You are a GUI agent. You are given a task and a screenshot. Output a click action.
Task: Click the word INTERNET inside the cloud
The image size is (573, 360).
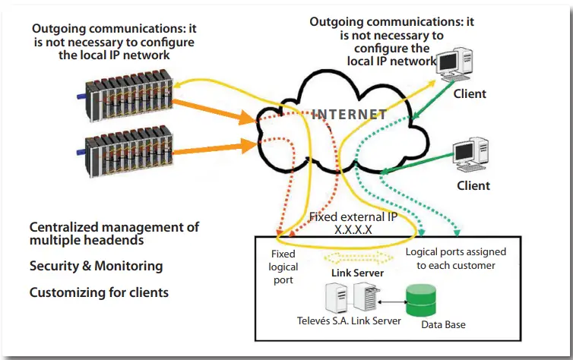click(x=350, y=115)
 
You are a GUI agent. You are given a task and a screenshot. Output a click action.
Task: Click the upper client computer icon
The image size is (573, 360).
click(x=454, y=65)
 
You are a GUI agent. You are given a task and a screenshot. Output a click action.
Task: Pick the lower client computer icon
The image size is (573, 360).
click(x=471, y=155)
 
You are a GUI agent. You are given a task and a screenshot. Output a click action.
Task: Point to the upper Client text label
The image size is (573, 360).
click(x=470, y=94)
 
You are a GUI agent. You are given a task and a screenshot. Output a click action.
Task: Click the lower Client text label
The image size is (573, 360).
click(x=473, y=185)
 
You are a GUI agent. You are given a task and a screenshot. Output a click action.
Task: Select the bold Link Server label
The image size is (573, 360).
click(x=357, y=273)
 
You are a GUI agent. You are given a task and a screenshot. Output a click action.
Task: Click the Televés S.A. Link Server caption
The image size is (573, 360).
click(x=349, y=321)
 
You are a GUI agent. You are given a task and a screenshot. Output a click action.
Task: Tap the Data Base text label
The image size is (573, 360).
click(x=443, y=324)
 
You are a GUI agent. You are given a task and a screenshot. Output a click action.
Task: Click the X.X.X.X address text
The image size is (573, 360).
click(x=353, y=229)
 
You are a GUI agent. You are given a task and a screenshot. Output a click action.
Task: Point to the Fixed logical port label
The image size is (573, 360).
click(x=283, y=267)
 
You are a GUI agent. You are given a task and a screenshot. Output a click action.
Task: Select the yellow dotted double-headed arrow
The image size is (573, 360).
click(x=359, y=257)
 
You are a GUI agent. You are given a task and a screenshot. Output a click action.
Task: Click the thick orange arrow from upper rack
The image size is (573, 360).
click(x=214, y=111)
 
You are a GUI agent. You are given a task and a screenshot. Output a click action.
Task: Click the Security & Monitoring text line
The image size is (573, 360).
click(x=96, y=266)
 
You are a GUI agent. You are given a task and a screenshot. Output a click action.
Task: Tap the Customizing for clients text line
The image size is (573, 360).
click(x=99, y=292)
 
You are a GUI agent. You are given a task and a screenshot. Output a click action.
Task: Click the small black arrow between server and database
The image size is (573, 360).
click(x=392, y=302)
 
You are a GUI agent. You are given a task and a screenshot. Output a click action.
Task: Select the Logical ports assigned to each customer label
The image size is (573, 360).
click(x=456, y=258)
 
